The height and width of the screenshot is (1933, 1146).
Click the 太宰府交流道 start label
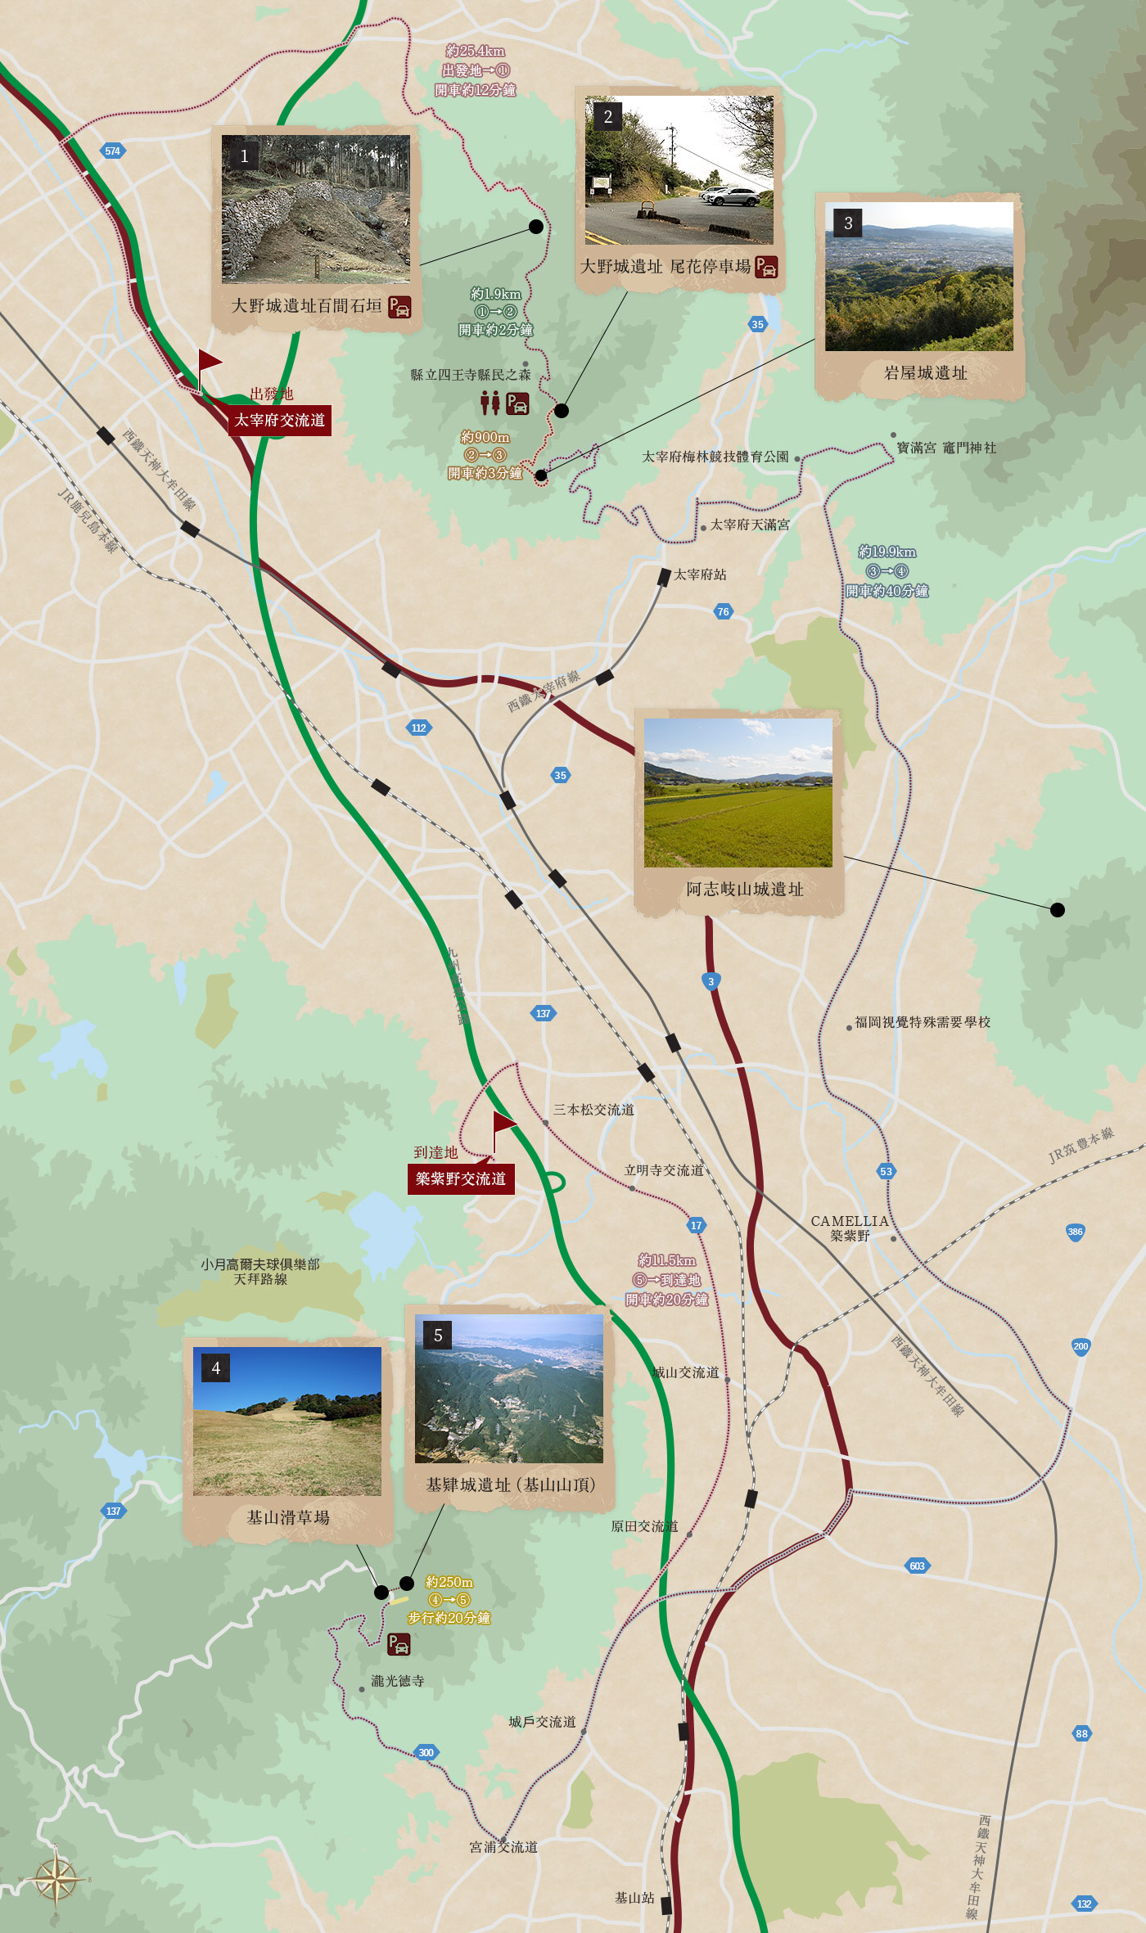tap(279, 421)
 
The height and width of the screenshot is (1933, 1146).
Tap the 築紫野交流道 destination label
tap(461, 1179)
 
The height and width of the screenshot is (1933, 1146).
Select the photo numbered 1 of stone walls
tap(316, 210)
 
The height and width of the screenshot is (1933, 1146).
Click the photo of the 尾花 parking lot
tap(679, 170)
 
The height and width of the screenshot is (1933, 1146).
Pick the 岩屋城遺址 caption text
tap(925, 373)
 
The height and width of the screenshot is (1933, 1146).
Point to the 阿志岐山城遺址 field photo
tap(738, 793)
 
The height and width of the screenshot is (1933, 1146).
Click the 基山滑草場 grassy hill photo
tap(287, 1422)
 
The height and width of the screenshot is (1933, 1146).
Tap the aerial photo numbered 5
tap(508, 1389)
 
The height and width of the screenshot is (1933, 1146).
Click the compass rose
tap(56, 1879)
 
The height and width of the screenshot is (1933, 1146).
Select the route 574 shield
tap(112, 151)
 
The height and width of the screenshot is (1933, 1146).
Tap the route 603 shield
tap(917, 1566)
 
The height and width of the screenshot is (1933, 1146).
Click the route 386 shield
tap(1075, 1232)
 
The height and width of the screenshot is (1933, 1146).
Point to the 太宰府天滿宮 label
tap(749, 525)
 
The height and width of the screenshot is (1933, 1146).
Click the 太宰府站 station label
tap(700, 574)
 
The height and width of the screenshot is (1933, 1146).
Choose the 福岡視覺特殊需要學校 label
tap(923, 1022)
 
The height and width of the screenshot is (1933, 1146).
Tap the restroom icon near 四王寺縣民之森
tap(490, 403)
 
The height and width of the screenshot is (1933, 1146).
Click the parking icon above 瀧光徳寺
tap(399, 1643)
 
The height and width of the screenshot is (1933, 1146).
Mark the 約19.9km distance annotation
tap(887, 552)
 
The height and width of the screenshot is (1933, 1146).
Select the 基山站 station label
tap(634, 1897)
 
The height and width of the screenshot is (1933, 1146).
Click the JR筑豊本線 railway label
tap(1081, 1144)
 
